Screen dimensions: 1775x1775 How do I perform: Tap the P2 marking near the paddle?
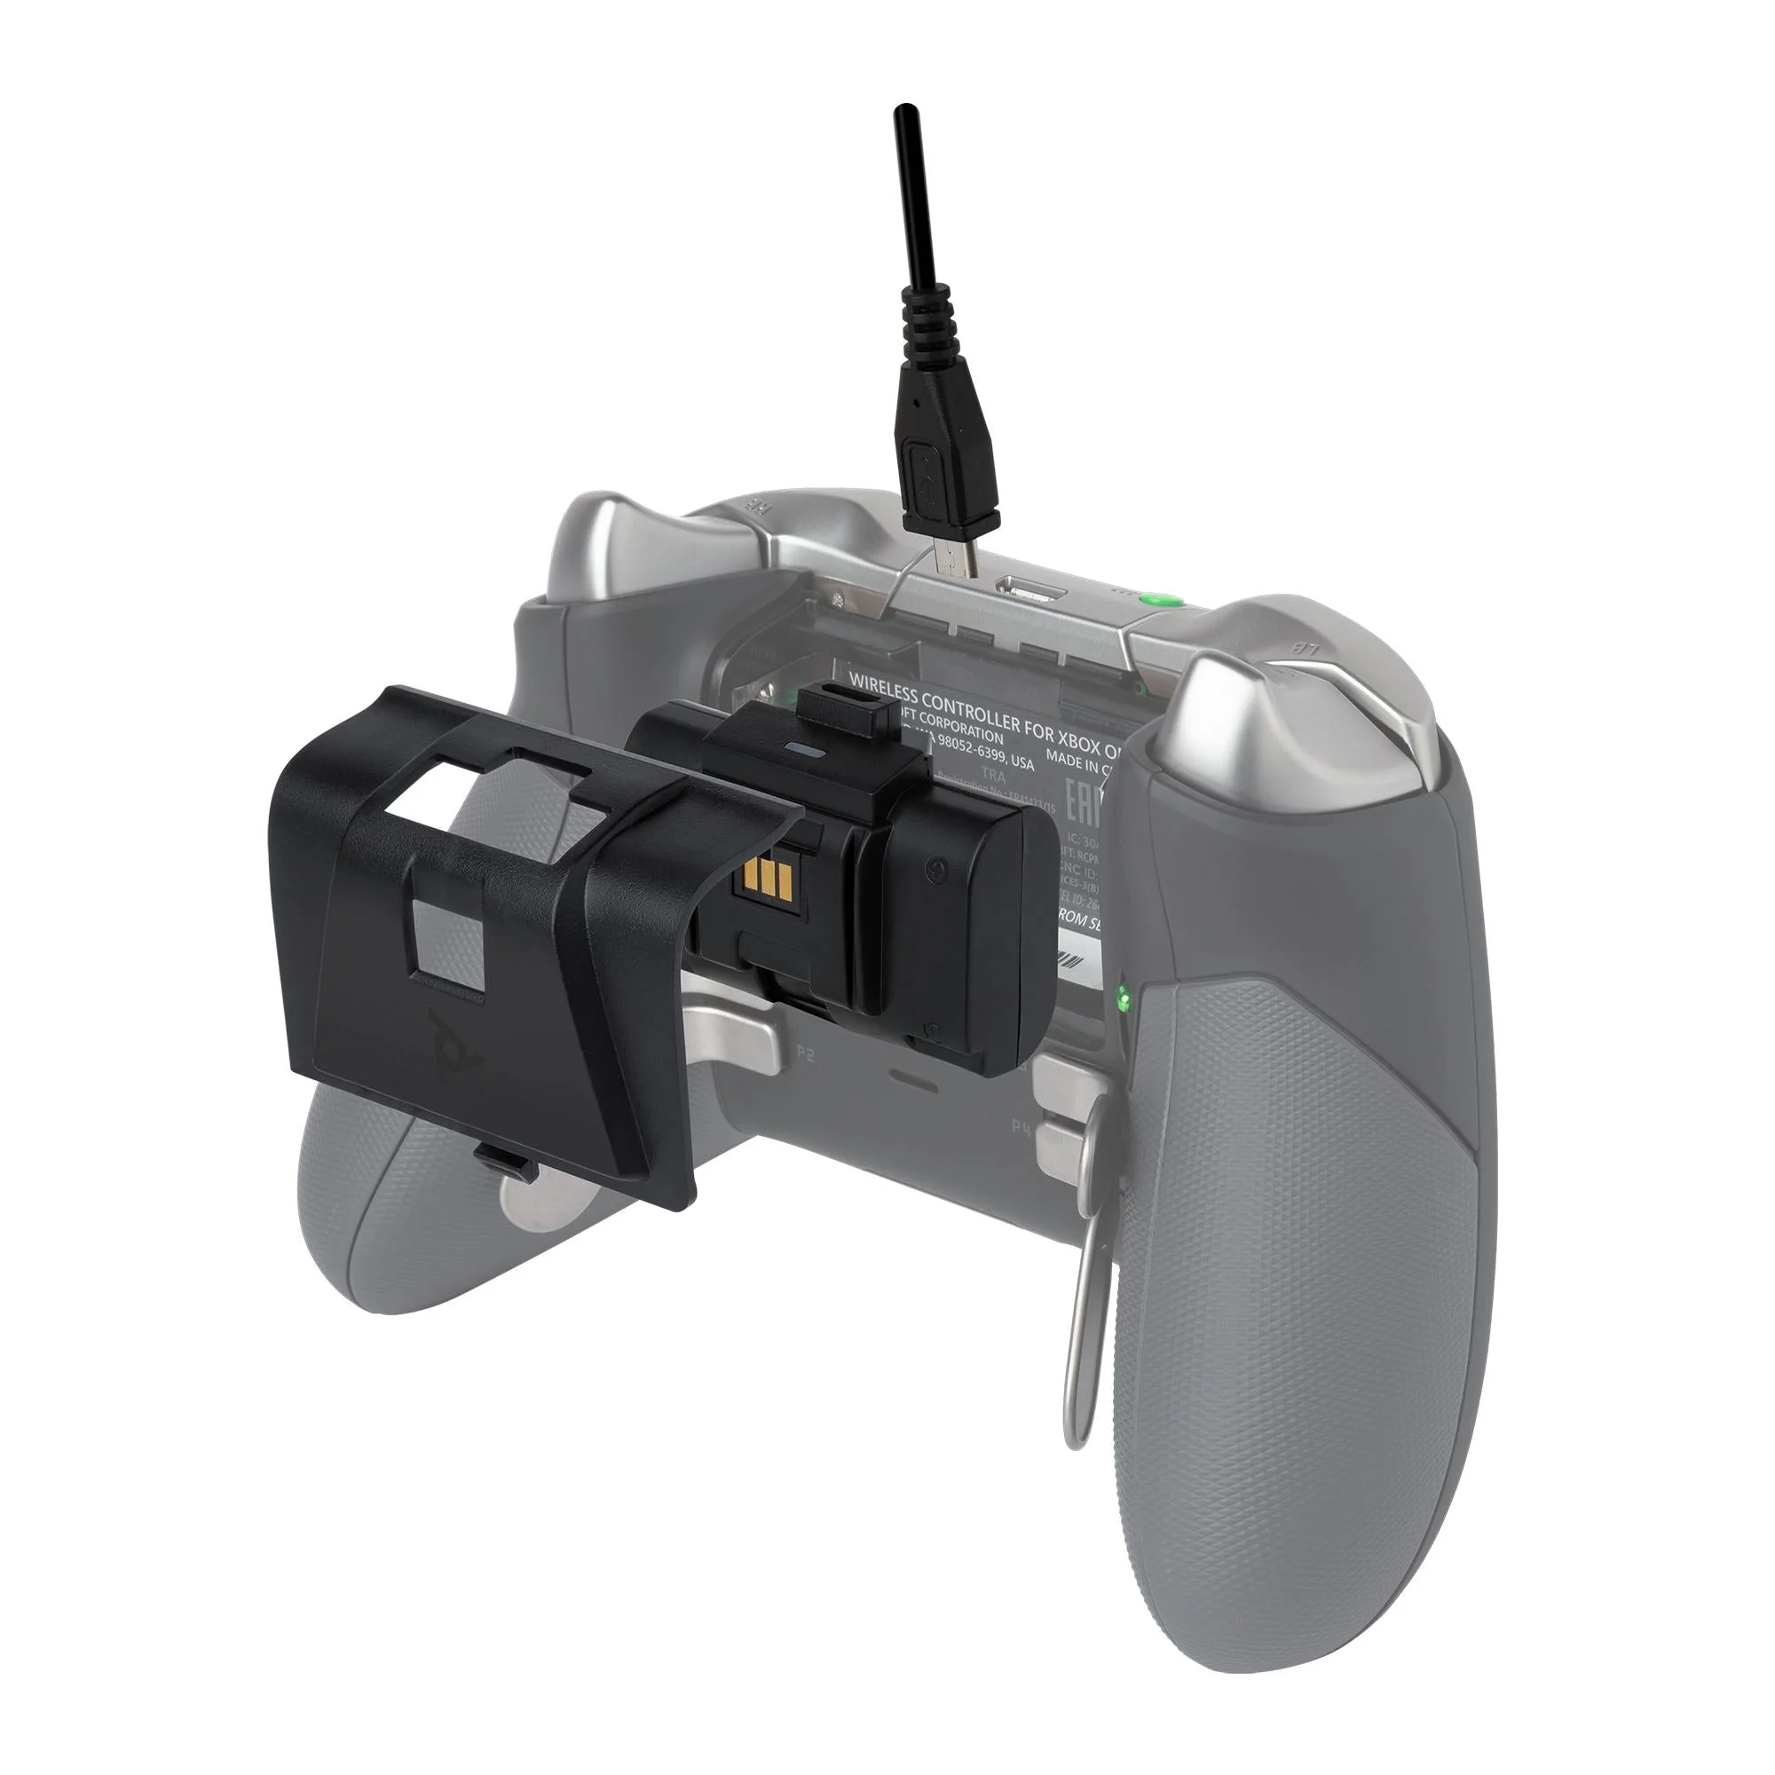(x=806, y=1054)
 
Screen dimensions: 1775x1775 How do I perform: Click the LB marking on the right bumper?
(x=1306, y=649)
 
